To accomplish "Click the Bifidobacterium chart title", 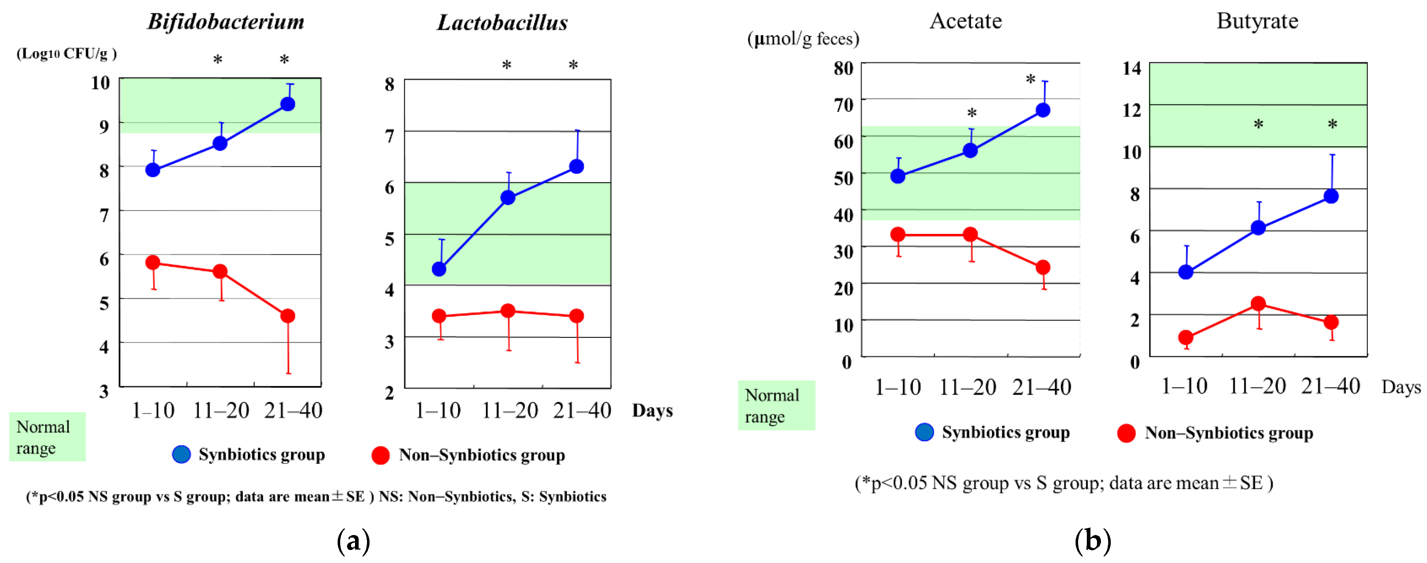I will [225, 22].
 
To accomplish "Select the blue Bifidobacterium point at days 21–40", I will [288, 104].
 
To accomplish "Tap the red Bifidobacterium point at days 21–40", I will [288, 316].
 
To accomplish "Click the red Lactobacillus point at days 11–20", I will [508, 311].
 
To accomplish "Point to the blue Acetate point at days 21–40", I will [1043, 110].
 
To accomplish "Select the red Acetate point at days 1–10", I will [898, 235].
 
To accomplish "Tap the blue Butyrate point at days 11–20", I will [1259, 228].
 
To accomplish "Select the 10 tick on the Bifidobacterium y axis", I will [100, 83].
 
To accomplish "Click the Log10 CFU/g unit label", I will [66, 54].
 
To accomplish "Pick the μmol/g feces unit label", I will [803, 39].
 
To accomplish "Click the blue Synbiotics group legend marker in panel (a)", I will [181, 454].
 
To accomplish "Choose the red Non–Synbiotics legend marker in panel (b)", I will [1126, 433].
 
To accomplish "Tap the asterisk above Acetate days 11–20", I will [972, 113].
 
